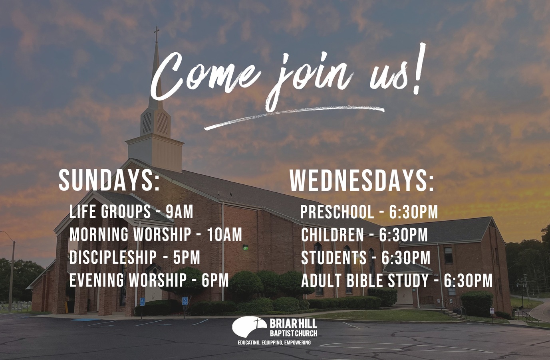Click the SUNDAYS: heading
(x=109, y=180)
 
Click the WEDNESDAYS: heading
(x=361, y=180)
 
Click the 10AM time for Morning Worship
(x=224, y=235)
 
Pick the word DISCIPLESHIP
(x=113, y=257)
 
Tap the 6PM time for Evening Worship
(x=215, y=280)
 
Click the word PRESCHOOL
(x=337, y=212)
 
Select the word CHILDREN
(x=332, y=235)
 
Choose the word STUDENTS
(x=334, y=258)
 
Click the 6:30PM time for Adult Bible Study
(x=468, y=281)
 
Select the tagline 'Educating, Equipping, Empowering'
(x=274, y=343)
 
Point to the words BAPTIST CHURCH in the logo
(x=294, y=333)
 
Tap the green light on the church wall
(x=245, y=247)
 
